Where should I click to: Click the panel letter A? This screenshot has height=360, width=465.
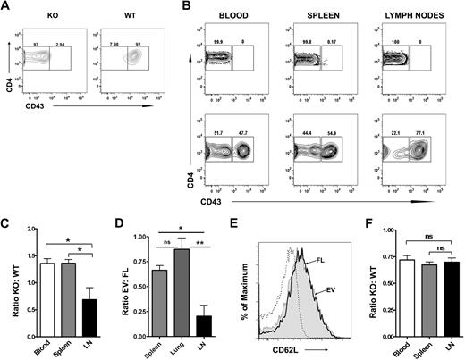[x=6, y=7]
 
